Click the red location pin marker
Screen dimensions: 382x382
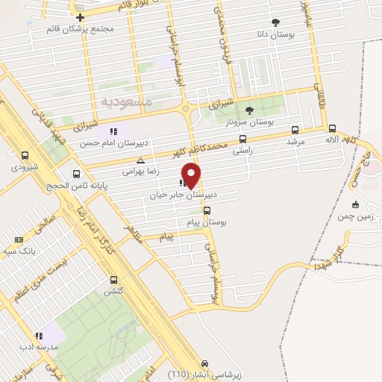click(x=192, y=175)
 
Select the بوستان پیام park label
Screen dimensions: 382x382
click(x=210, y=222)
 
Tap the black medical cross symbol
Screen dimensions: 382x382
click(x=80, y=16)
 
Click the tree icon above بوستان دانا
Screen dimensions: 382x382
click(x=275, y=22)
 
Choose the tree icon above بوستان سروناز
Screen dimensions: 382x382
click(x=248, y=110)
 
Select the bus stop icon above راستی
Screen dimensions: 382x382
click(x=242, y=139)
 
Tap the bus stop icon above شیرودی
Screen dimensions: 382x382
click(x=26, y=156)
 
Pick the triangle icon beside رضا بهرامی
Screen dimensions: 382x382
click(x=140, y=160)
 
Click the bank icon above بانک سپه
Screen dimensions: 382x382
click(x=19, y=239)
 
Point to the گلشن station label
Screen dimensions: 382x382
click(x=115, y=292)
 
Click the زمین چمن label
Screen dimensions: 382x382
click(x=354, y=216)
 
